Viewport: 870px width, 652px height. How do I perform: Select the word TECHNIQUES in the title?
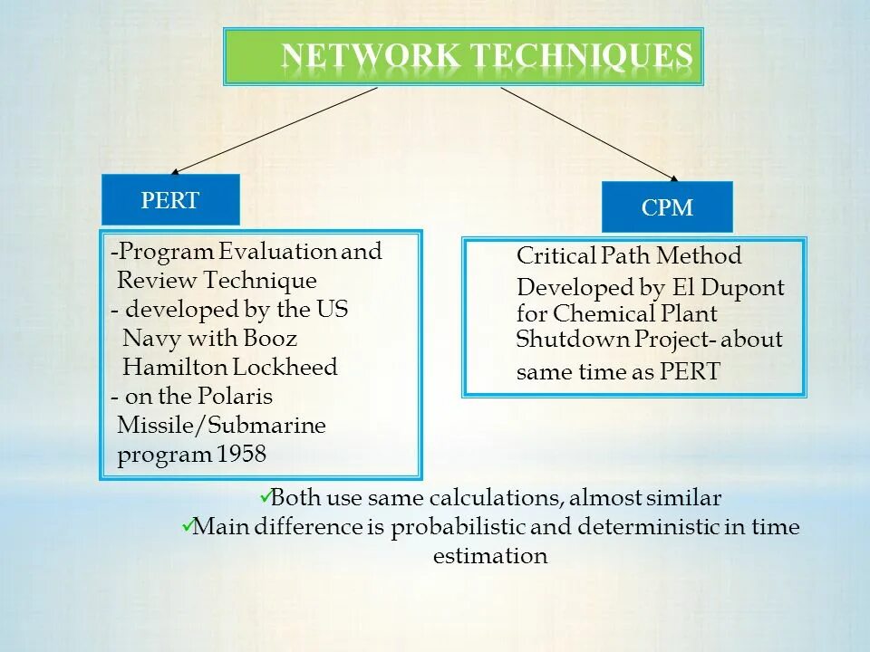pyautogui.click(x=581, y=56)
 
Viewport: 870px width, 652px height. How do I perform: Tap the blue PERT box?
pyautogui.click(x=170, y=200)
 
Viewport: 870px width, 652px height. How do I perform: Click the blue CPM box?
pyautogui.click(x=668, y=207)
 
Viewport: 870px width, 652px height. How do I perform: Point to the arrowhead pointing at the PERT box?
pyautogui.click(x=176, y=171)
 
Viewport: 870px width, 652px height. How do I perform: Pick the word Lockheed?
pyautogui.click(x=285, y=367)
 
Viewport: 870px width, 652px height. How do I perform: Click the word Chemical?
pyautogui.click(x=604, y=314)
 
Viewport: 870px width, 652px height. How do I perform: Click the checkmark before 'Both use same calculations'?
pyautogui.click(x=264, y=495)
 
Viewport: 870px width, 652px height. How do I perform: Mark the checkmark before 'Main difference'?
pyautogui.click(x=186, y=524)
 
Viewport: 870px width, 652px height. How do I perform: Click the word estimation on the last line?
pyautogui.click(x=490, y=555)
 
